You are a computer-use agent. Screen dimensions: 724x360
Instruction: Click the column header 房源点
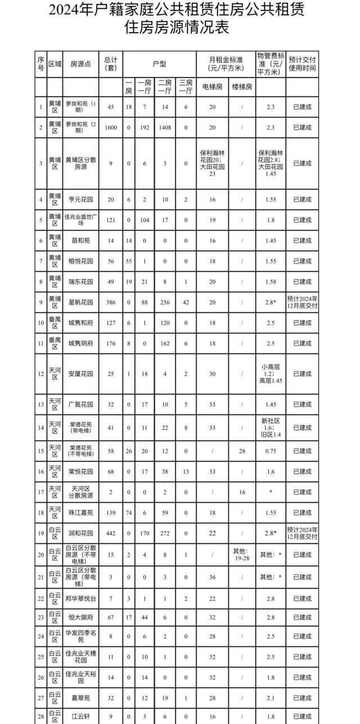coord(77,64)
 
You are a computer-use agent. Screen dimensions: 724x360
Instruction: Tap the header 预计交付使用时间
coord(303,64)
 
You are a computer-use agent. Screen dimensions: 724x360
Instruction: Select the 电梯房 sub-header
coord(211,87)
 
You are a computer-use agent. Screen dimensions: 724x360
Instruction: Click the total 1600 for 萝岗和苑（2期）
coord(111,128)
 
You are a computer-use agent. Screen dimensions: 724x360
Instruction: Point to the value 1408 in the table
coord(164,128)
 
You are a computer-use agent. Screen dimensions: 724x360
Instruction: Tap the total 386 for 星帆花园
coord(111,302)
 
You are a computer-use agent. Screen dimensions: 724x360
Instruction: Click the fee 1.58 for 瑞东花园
coord(271,281)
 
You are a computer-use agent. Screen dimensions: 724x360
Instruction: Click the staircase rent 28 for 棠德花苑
coord(242,451)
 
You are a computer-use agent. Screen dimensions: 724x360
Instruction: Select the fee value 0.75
coord(271,451)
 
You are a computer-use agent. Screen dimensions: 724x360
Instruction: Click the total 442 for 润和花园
coord(111,533)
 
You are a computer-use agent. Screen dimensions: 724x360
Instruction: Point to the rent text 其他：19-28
coord(242,554)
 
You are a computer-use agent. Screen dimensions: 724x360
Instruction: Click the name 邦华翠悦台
coord(81,598)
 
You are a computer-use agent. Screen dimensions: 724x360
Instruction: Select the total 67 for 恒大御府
coord(111,617)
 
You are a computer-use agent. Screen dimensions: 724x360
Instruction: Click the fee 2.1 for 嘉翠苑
coord(271,698)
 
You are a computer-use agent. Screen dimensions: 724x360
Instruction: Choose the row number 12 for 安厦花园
coord(40,374)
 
